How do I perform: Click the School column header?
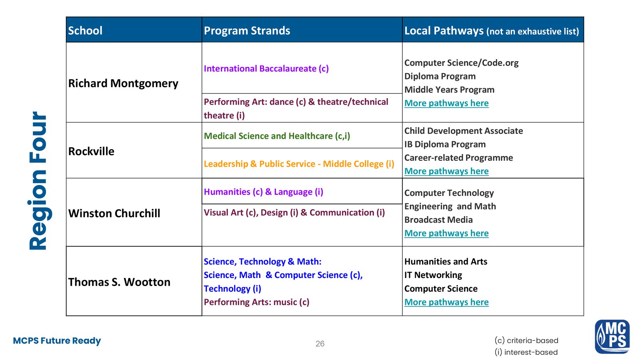(x=85, y=30)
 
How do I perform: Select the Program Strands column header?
(x=247, y=30)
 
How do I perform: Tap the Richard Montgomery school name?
(x=123, y=83)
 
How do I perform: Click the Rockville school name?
(x=91, y=151)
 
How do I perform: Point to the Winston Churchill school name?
(x=114, y=213)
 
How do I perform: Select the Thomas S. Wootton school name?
(x=119, y=282)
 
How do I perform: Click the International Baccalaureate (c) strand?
(x=266, y=68)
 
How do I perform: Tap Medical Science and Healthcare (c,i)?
(x=277, y=136)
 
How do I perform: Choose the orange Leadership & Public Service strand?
(x=299, y=164)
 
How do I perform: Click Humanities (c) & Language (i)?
(x=263, y=192)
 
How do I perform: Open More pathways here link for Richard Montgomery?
(x=446, y=103)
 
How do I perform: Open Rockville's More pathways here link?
(x=446, y=171)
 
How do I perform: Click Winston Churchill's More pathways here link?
(x=446, y=233)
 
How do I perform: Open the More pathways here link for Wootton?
(x=446, y=302)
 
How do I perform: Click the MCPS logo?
(x=612, y=336)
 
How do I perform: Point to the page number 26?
(x=320, y=344)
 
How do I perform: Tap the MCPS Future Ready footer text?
(x=57, y=341)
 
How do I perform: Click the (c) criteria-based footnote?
(x=526, y=340)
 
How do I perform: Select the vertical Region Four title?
(x=38, y=181)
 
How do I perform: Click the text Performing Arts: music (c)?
(x=256, y=302)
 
